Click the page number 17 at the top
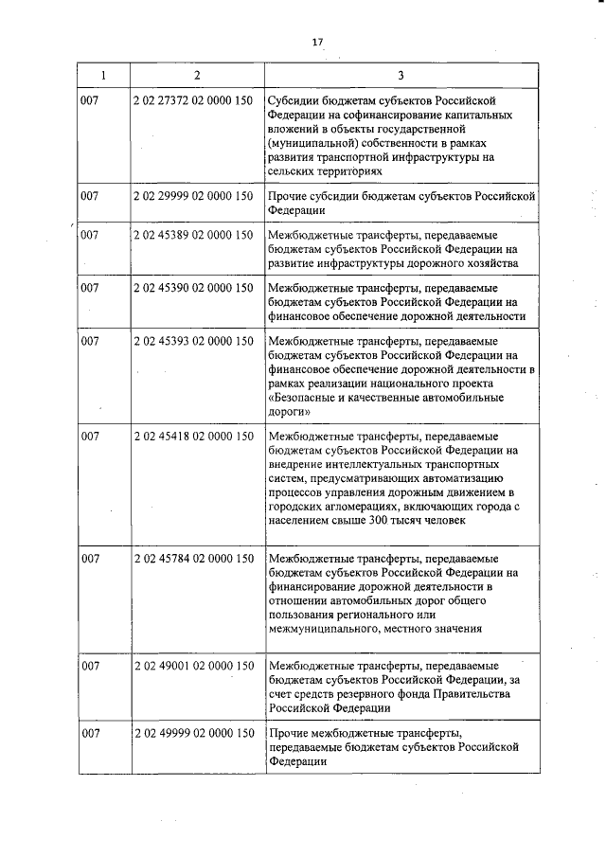click(318, 41)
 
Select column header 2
click(196, 75)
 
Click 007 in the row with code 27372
click(91, 100)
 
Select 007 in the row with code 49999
click(91, 733)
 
